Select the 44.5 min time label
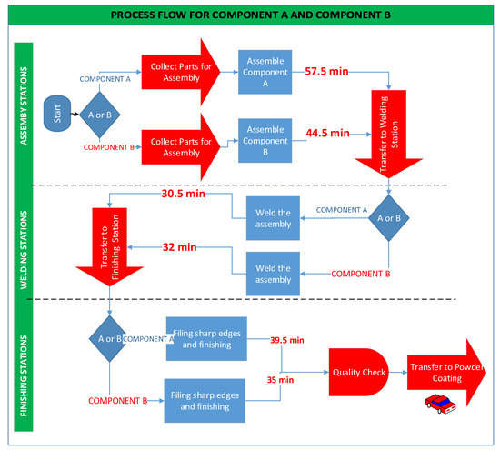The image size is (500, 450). (x=328, y=133)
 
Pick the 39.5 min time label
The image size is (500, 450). (x=287, y=341)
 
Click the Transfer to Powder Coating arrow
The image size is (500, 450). (x=447, y=372)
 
